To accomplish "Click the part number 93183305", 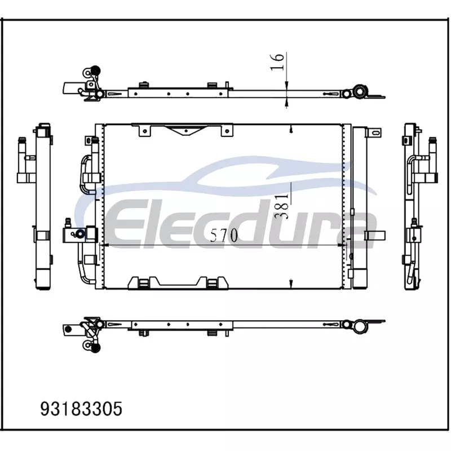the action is (x=81, y=409).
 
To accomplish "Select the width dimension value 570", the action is (x=224, y=235).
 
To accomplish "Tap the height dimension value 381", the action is (x=282, y=206).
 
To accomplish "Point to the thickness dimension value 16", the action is (x=277, y=61).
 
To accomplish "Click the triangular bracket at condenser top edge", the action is (x=187, y=130).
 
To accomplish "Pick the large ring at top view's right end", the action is (x=360, y=92).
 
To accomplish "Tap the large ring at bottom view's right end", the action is (x=360, y=326).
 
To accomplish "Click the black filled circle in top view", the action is (x=95, y=70).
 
